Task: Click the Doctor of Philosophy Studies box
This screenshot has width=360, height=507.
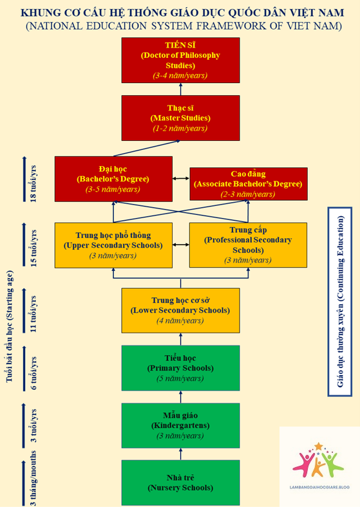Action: [181, 60]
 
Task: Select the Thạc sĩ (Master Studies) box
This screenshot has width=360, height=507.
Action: [181, 118]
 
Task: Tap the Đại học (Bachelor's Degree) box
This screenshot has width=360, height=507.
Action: [113, 179]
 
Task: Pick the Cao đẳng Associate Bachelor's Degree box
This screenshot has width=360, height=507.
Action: [249, 184]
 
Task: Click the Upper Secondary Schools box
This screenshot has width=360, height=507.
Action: [113, 245]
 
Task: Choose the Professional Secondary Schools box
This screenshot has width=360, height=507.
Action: [249, 245]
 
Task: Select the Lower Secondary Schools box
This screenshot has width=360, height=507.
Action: [181, 310]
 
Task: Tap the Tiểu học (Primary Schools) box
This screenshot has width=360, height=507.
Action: [181, 368]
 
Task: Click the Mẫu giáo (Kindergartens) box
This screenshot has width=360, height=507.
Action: [181, 425]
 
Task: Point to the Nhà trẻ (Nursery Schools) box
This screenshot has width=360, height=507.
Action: [181, 483]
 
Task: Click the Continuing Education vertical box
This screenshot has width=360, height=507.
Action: [340, 302]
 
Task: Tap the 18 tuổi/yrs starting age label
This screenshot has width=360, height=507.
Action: [33, 183]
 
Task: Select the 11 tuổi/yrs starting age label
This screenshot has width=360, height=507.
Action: [33, 314]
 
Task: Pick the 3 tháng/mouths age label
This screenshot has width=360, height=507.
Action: [33, 478]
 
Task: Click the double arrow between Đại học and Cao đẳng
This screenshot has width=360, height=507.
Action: [181, 178]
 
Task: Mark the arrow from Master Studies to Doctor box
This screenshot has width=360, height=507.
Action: [181, 89]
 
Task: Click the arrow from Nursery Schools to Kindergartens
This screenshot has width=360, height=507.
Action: [181, 454]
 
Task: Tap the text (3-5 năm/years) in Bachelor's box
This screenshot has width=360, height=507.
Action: [113, 189]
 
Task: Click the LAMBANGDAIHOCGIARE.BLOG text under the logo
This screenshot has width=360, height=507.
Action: [319, 487]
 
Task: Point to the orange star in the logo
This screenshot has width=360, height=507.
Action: [319, 447]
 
